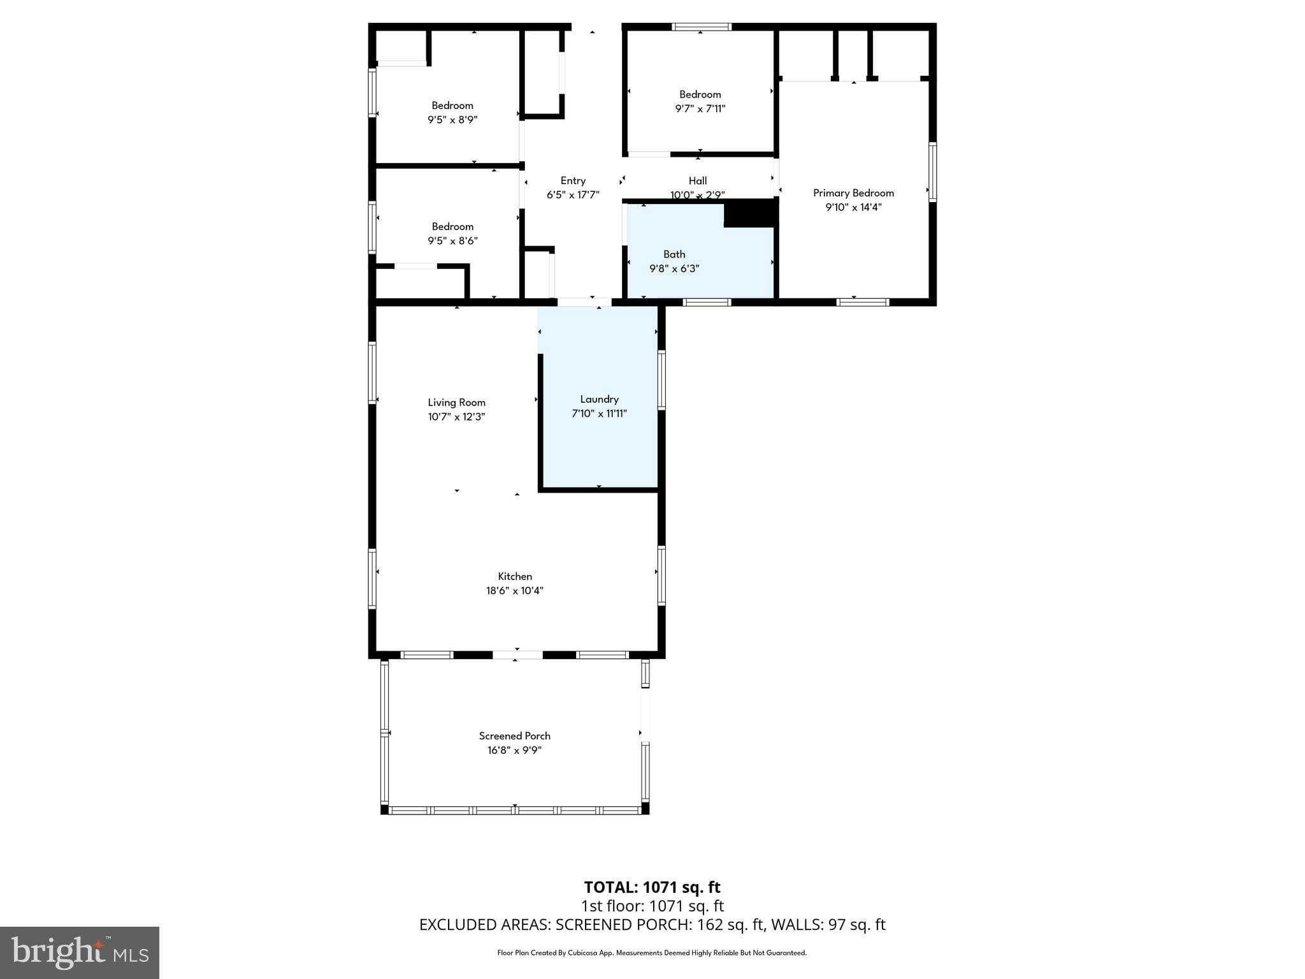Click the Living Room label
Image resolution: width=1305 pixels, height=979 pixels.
tap(456, 402)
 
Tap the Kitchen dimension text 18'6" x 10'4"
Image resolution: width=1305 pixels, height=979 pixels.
tap(514, 591)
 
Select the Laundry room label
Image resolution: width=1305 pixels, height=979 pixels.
tap(599, 399)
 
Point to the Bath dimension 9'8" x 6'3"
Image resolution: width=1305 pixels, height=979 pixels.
tap(674, 269)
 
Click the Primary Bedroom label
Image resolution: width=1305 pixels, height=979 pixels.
tap(853, 192)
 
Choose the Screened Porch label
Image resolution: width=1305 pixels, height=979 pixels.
tap(514, 736)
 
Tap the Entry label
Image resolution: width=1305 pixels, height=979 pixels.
tap(573, 180)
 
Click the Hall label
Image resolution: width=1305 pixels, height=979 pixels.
tap(698, 180)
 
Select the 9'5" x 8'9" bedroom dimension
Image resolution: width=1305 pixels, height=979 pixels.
tap(452, 120)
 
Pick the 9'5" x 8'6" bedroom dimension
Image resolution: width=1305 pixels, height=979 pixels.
tap(452, 241)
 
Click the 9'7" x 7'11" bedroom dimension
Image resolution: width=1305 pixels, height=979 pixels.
tap(700, 108)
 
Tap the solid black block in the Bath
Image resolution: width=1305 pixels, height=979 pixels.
tap(751, 214)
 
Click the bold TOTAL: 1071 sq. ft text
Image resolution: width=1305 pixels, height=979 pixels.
tap(652, 887)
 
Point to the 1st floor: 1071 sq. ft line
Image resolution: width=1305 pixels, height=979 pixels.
tap(652, 906)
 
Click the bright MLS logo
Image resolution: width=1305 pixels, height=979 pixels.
tap(80, 953)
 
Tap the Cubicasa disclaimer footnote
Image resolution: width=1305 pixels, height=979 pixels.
tap(652, 953)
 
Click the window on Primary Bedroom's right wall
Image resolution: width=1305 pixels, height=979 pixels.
tap(932, 172)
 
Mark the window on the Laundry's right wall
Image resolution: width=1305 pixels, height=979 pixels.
tap(661, 380)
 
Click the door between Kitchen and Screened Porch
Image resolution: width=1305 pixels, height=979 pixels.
tap(517, 655)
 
